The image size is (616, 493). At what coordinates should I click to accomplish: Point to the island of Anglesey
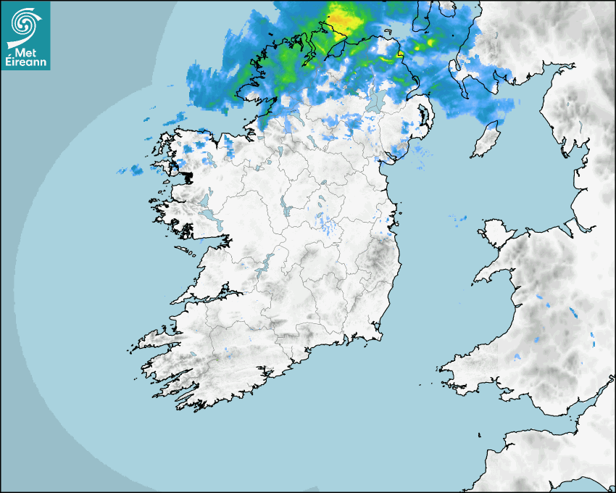[496, 234]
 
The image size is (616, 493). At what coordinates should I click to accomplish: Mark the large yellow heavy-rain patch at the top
[343, 17]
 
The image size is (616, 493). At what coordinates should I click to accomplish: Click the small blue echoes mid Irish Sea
[458, 217]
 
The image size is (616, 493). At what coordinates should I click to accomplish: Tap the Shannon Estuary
[210, 296]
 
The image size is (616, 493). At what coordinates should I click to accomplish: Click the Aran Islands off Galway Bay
[185, 253]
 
